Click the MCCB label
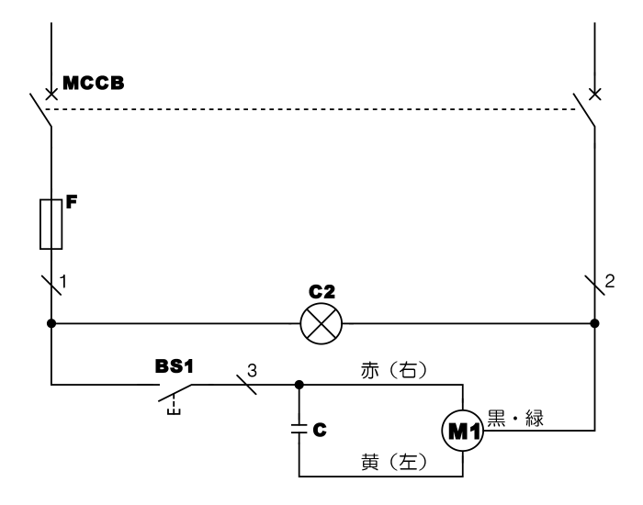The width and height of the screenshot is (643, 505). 93,83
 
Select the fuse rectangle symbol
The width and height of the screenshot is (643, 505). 51,224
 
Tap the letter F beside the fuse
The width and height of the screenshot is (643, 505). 72,202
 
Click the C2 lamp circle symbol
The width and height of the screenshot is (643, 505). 321,323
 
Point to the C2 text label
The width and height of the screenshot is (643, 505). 321,292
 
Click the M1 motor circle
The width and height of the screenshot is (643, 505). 463,431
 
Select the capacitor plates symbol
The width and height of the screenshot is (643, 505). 299,429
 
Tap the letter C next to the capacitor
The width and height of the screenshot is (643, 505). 320,430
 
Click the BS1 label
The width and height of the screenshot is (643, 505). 174,366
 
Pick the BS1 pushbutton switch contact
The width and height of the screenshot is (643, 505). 175,393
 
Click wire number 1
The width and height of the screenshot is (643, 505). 63,282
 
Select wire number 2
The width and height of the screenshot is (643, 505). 610,282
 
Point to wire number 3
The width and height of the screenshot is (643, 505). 252,371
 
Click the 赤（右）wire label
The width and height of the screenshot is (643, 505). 394,370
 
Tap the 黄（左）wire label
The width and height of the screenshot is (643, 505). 394,462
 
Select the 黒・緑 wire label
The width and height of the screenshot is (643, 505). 515,419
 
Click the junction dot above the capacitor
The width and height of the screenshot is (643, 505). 299,385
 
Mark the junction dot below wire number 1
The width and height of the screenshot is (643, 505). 51,323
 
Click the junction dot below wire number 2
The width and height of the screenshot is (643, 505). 594,323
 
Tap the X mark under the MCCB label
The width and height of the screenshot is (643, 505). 51,95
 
